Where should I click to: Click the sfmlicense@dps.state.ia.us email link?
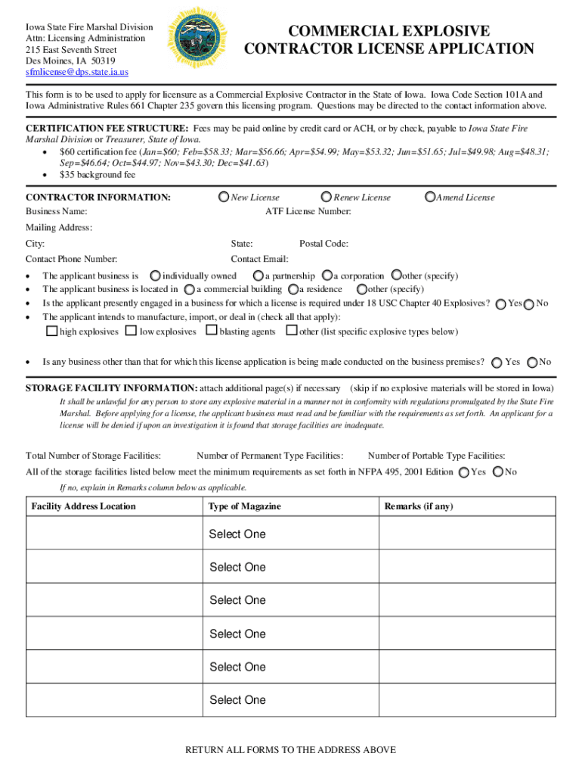[x=77, y=73]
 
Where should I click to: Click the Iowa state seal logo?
[x=196, y=37]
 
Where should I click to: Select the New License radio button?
[x=224, y=197]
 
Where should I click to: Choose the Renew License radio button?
[x=327, y=197]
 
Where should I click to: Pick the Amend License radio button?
[x=430, y=197]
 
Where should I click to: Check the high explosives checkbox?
[x=52, y=331]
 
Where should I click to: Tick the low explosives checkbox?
[x=132, y=331]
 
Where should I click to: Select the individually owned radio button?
[x=155, y=276]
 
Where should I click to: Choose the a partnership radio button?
[x=258, y=276]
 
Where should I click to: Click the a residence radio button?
[x=292, y=289]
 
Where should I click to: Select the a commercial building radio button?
[x=189, y=289]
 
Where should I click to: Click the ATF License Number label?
[x=308, y=212]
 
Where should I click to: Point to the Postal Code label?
[x=324, y=244]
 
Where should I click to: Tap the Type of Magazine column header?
[x=244, y=506]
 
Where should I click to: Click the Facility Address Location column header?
[x=83, y=506]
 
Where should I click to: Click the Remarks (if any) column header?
[x=419, y=506]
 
